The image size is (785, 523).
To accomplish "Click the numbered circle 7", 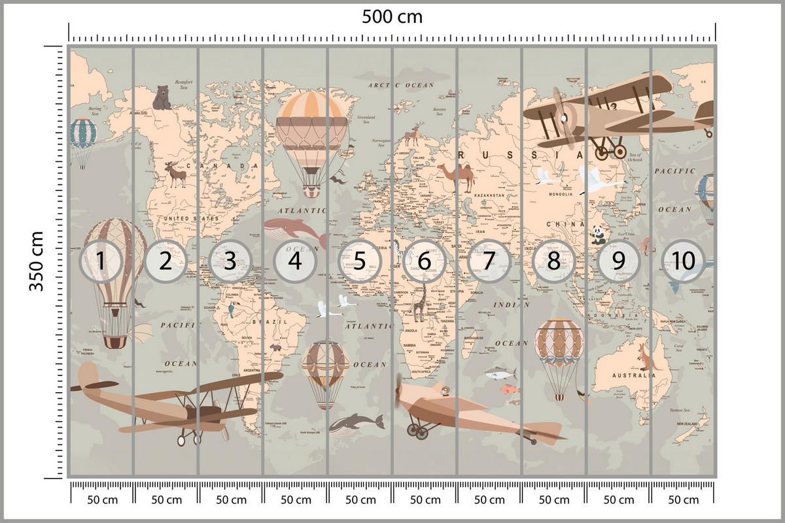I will (x=489, y=261).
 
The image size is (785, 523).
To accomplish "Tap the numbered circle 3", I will (x=230, y=261).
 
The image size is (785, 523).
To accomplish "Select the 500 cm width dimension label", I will (x=392, y=16).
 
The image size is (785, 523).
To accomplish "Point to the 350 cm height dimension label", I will (x=37, y=261).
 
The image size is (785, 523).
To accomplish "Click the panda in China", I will (x=599, y=235).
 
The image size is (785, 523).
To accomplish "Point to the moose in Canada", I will (x=175, y=175).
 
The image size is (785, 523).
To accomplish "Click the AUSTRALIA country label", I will (x=633, y=376).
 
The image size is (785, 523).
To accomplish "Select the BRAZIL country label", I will (x=274, y=322).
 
